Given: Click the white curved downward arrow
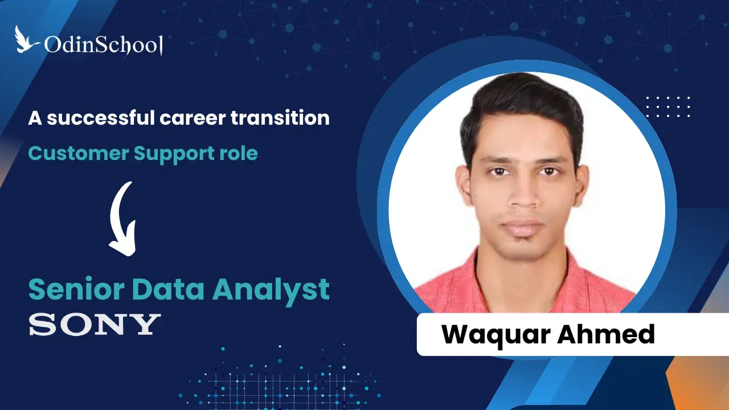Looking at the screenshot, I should click(x=124, y=219).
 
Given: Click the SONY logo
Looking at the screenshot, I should click(x=95, y=324).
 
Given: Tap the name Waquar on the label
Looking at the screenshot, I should click(x=495, y=334).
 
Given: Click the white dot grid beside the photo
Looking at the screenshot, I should click(x=668, y=106).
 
